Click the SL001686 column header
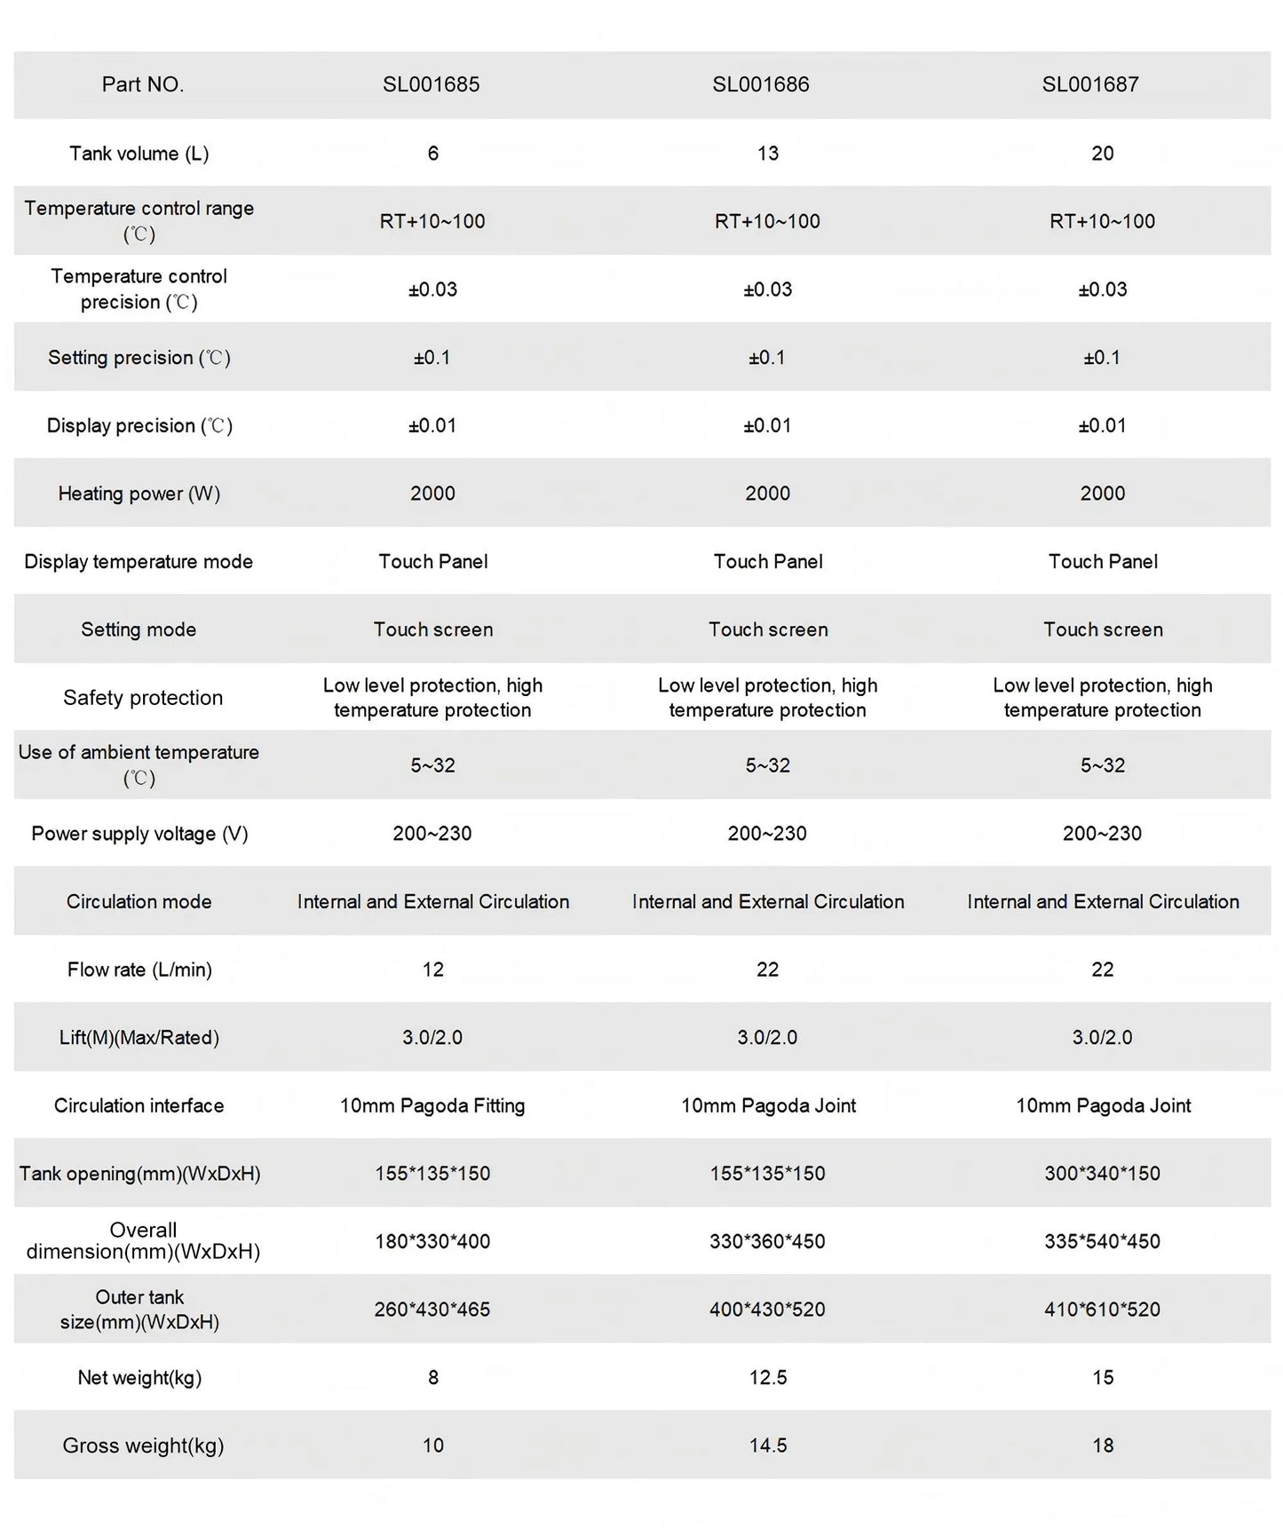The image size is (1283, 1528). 760,84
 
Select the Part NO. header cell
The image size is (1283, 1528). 142,84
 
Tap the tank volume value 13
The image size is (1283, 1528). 767,153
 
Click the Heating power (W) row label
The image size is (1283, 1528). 139,494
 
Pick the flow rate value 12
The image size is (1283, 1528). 432,970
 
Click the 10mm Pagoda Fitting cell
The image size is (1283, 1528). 432,1105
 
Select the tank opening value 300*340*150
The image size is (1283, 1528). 1102,1174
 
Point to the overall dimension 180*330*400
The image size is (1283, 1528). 432,1241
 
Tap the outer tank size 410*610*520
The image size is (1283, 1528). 1102,1310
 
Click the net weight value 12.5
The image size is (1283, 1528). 767,1377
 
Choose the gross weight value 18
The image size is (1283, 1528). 1102,1445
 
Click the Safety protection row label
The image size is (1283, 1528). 142,698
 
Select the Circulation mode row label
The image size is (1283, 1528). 139,902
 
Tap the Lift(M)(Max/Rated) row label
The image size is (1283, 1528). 139,1038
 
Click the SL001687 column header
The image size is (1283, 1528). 1089,84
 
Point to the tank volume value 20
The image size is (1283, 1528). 1102,153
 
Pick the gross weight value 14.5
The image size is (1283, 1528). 767,1445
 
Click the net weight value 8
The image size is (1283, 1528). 432,1377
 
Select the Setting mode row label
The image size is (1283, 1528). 139,629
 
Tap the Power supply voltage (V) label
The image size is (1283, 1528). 139,834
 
